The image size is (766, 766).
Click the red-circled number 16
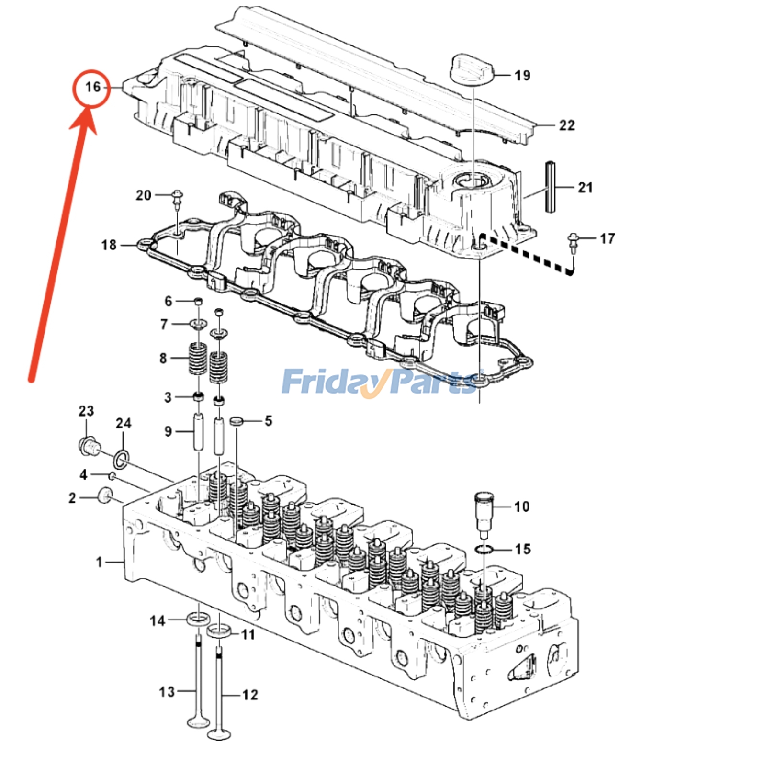(92, 87)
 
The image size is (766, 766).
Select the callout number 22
(566, 125)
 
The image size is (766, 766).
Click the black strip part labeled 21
(549, 187)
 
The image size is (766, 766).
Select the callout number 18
(109, 245)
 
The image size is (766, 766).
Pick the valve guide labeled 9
(198, 432)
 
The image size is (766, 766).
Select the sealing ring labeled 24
(121, 459)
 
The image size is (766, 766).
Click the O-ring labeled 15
(484, 549)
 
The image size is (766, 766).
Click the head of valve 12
(218, 733)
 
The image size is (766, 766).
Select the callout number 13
(167, 692)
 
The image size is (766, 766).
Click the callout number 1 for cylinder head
(99, 562)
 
